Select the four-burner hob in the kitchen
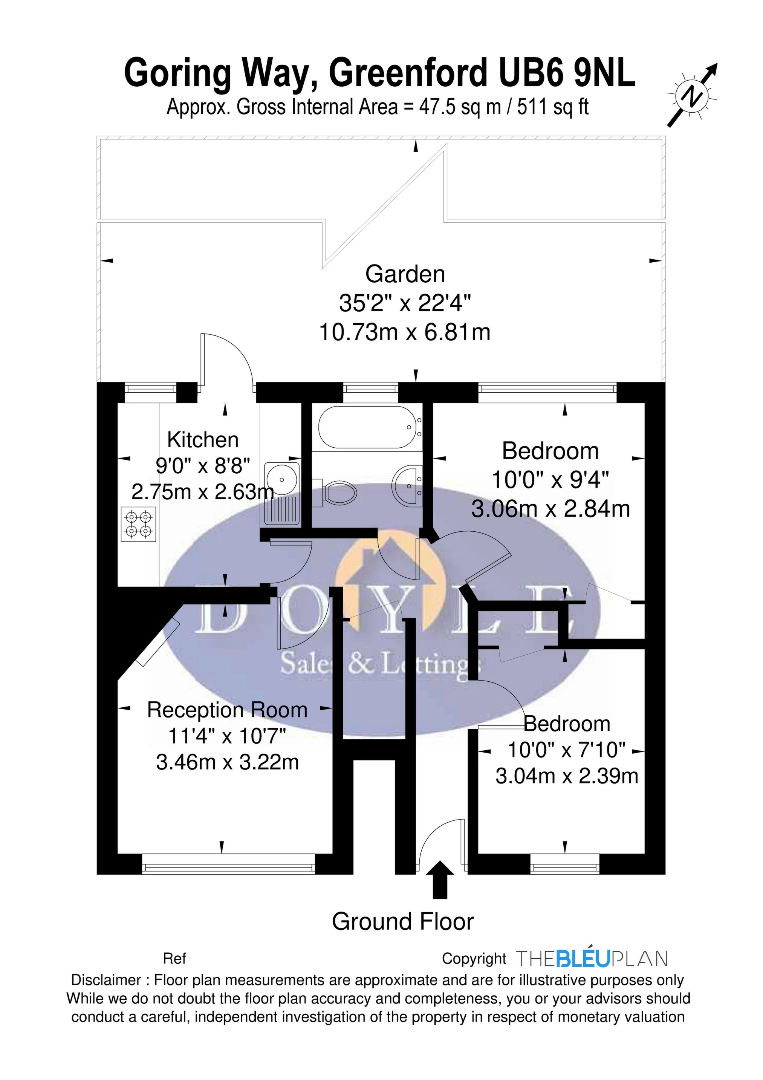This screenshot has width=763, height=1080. [139, 523]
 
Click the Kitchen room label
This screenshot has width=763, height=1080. [203, 440]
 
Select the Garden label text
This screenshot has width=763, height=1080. [405, 274]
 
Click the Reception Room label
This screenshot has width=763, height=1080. [227, 710]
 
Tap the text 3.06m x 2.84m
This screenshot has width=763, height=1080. [550, 509]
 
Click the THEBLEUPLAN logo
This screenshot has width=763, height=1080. [592, 959]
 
